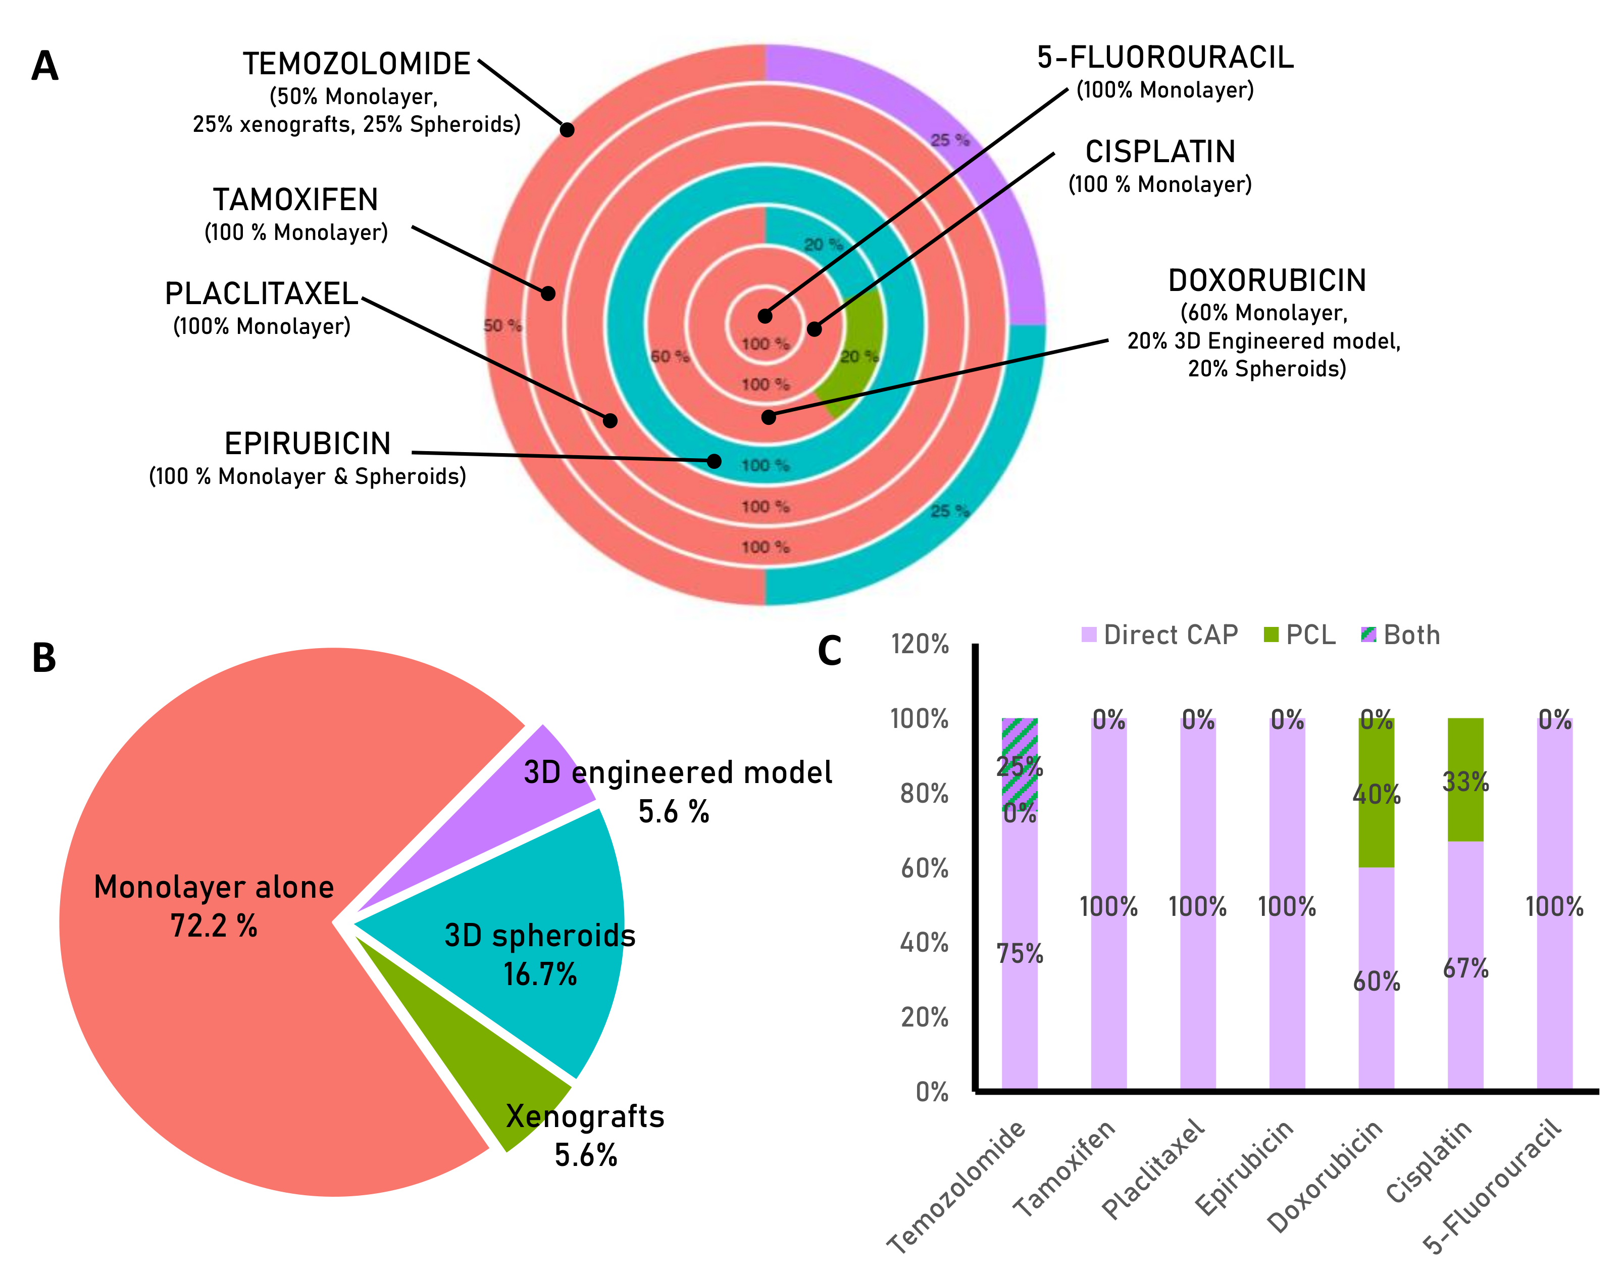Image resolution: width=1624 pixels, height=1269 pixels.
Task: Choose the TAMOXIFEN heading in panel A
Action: pyautogui.click(x=295, y=200)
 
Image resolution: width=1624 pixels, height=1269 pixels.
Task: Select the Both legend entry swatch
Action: pyautogui.click(x=1368, y=635)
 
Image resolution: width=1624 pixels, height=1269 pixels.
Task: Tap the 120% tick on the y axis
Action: pyautogui.click(x=920, y=644)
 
